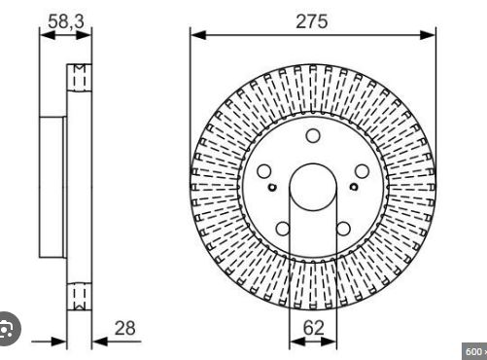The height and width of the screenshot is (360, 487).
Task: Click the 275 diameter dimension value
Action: coord(311,21)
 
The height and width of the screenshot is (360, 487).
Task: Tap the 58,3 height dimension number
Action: coord(66,21)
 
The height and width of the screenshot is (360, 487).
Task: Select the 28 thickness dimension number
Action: coord(125,328)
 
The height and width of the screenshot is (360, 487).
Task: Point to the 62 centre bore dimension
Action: coord(313,328)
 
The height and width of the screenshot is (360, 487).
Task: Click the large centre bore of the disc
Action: coord(313,187)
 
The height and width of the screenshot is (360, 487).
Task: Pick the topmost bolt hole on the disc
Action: coord(313,135)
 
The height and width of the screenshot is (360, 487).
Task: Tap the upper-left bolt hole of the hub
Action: coord(264,171)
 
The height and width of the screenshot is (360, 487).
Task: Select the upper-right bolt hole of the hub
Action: coord(362,171)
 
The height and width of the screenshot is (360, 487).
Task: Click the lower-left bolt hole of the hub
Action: coord(283,229)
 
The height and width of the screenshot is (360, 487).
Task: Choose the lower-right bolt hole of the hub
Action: coord(343,229)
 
